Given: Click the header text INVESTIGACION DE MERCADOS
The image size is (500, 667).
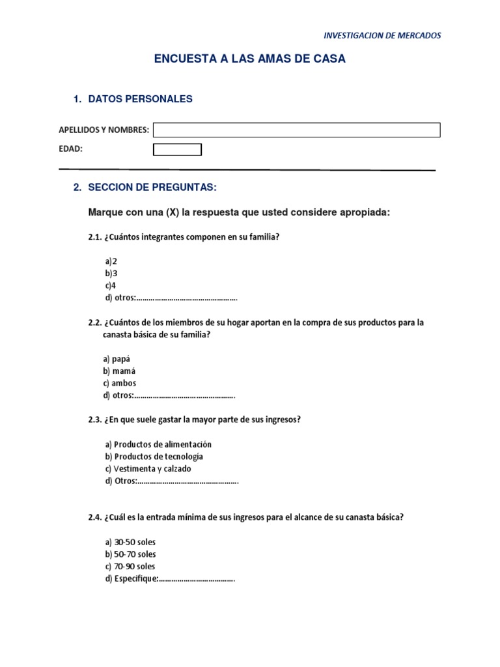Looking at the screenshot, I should tap(382, 35).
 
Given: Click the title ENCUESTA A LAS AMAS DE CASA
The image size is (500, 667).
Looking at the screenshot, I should tap(249, 59).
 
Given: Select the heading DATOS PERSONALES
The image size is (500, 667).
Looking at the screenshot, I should tap(140, 99).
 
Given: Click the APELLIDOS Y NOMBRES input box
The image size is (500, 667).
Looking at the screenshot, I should tap(296, 130).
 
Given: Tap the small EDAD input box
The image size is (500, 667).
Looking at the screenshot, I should tap(177, 150).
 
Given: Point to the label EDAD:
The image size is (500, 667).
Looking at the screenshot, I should tap(71, 149).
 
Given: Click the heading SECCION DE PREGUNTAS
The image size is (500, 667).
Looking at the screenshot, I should tap(152, 188).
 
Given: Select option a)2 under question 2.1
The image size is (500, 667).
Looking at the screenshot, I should tap(111, 261).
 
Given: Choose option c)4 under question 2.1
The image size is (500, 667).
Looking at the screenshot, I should tap(111, 285).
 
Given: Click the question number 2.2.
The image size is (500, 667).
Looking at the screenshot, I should tap(95, 322).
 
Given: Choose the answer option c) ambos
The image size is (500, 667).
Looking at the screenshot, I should tap(120, 384).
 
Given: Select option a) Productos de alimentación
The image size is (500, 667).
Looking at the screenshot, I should tap(158, 444).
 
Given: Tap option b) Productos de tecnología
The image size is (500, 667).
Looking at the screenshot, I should tap(154, 457).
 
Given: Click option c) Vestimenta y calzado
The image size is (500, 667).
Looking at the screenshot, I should tap(148, 469).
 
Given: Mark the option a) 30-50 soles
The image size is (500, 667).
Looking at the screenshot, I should tap(130, 542).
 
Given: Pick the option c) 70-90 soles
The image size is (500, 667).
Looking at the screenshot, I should tap(130, 567).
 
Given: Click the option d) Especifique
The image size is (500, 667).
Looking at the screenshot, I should tap(169, 579).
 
